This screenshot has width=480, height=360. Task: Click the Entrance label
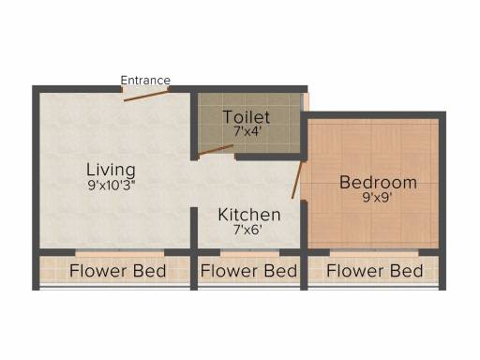145,81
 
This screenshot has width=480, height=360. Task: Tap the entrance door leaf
146,96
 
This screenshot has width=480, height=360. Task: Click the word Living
111,170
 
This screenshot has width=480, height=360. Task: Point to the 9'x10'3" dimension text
111,186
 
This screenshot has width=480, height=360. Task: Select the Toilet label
247,117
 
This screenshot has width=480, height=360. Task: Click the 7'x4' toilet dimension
247,131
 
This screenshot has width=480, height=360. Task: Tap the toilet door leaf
216,150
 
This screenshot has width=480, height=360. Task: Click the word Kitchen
249,215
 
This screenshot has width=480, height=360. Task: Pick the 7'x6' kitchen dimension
247,231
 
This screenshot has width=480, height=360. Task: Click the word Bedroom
378,183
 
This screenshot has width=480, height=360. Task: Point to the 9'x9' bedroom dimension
377,198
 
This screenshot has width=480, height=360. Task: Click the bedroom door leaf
297,179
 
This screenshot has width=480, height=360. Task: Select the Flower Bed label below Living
117,271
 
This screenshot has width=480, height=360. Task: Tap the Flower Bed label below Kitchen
248,271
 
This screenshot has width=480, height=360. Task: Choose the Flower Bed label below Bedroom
375,271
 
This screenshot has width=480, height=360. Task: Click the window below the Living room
120,252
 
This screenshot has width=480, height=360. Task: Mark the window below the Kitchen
249,252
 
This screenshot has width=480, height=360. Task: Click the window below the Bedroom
374,252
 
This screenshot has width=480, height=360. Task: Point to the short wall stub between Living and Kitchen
194,228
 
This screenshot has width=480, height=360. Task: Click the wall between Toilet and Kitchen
268,157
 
